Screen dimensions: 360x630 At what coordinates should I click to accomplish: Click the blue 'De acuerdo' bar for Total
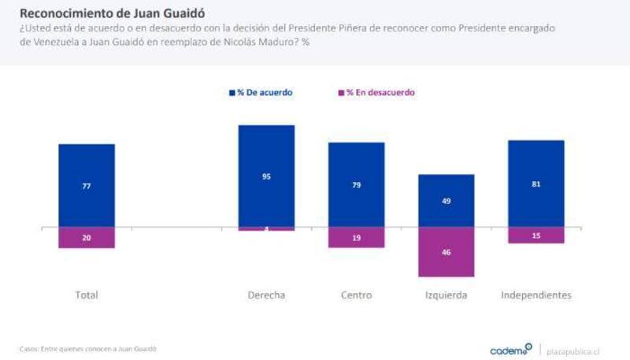coord(87,185)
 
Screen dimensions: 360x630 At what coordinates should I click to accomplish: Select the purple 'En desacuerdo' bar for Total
coord(87,237)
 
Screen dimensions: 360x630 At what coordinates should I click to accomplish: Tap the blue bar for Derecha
coord(266,176)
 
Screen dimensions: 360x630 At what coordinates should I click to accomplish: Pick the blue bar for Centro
coord(356,184)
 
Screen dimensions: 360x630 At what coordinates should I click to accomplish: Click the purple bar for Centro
coord(356,236)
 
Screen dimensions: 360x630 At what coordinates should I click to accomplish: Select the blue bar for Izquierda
coord(446,200)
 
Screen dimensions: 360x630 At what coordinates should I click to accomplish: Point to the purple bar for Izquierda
coord(446,251)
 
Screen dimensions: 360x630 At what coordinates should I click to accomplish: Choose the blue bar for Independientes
coord(536,184)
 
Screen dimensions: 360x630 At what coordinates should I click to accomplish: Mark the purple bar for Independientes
coord(536,235)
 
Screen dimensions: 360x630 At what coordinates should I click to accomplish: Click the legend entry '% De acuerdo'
coord(261,92)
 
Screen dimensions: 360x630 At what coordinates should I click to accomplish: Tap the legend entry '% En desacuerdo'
coord(376,92)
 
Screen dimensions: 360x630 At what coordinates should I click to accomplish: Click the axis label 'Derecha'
coord(266,295)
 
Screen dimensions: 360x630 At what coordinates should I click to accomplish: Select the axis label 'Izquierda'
coord(446,295)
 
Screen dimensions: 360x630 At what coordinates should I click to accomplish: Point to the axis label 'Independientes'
coord(536,295)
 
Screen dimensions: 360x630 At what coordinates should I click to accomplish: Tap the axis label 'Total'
coord(87,295)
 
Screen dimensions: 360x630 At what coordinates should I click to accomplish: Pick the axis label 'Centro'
coord(356,295)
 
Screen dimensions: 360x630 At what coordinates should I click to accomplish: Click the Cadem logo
coord(510,349)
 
